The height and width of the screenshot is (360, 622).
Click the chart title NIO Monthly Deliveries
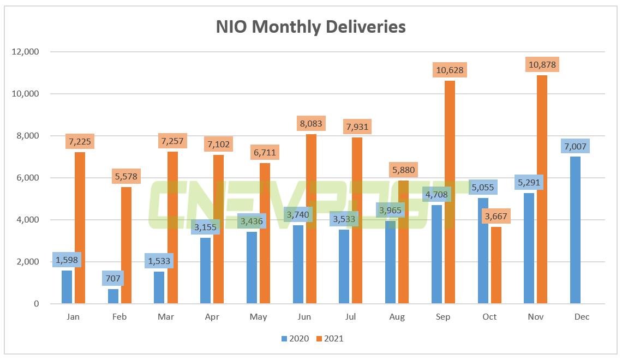pyautogui.click(x=311, y=26)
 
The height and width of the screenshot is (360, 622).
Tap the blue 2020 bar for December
pyautogui.click(x=575, y=230)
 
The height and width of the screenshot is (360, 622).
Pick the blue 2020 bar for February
pyautogui.click(x=112, y=296)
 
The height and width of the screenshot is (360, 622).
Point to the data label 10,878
pyautogui.click(x=542, y=65)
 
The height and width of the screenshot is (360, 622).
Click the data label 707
pyautogui.click(x=112, y=279)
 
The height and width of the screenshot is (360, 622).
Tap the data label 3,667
pyautogui.click(x=495, y=217)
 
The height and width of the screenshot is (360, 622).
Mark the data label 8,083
pyautogui.click(x=311, y=124)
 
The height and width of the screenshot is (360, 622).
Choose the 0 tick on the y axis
pyautogui.click(x=37, y=304)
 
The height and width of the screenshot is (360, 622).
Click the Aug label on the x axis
pyautogui.click(x=397, y=317)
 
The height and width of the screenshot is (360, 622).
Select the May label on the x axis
pyautogui.click(x=258, y=317)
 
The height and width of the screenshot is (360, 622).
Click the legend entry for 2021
pyautogui.click(x=329, y=339)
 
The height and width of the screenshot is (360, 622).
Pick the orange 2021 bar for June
pyautogui.click(x=311, y=219)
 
